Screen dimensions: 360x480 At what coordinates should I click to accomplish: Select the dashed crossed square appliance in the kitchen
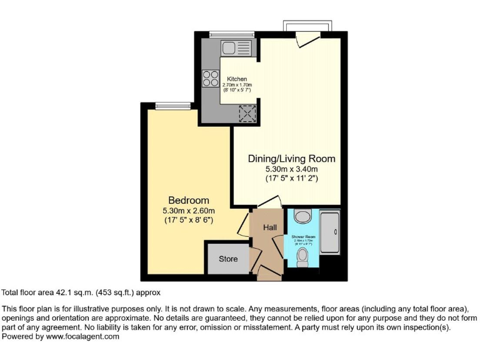pyautogui.click(x=249, y=113)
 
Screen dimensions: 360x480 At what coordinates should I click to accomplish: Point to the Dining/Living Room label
pyautogui.click(x=292, y=159)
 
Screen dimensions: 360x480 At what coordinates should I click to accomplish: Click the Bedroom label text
pyautogui.click(x=188, y=200)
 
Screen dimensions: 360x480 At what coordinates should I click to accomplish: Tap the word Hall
pyautogui.click(x=269, y=228)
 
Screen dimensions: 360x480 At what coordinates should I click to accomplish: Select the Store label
pyautogui.click(x=228, y=259)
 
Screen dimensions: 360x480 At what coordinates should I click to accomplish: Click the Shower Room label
pyautogui.click(x=304, y=236)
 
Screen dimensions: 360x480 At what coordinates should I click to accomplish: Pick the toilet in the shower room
pyautogui.click(x=303, y=257)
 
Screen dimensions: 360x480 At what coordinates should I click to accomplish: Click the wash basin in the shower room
pyautogui.click(x=303, y=216)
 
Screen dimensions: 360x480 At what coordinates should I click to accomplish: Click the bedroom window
pyautogui.click(x=172, y=104)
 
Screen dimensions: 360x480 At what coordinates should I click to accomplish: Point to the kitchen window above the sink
pyautogui.click(x=227, y=34)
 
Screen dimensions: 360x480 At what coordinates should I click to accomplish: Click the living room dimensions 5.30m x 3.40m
pyautogui.click(x=292, y=169)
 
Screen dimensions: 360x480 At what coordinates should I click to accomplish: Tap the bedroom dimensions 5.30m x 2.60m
pyautogui.click(x=188, y=211)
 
